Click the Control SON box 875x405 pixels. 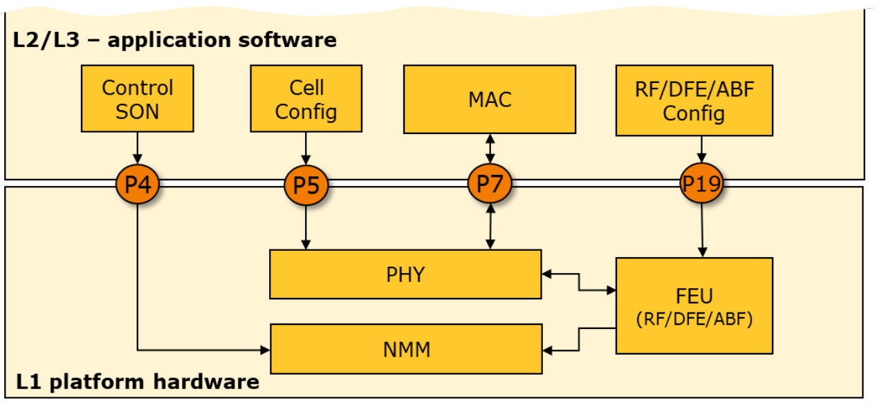(x=137, y=99)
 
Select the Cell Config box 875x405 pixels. (x=306, y=99)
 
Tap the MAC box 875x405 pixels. (x=489, y=99)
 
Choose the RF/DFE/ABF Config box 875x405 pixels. (x=694, y=101)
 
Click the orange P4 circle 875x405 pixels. (x=137, y=185)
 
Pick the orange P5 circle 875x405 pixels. (x=306, y=185)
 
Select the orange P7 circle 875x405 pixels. (x=490, y=184)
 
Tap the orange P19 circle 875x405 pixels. (x=701, y=183)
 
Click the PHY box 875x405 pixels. (x=405, y=274)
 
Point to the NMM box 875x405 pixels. (x=405, y=349)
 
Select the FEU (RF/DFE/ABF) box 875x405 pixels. (x=694, y=305)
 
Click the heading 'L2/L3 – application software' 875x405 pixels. (x=174, y=39)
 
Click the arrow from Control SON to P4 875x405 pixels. (x=137, y=147)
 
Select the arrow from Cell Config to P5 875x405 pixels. (x=306, y=147)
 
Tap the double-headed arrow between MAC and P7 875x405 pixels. (x=490, y=149)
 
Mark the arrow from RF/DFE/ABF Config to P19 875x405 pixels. (x=701, y=149)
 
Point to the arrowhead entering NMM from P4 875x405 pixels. (x=265, y=350)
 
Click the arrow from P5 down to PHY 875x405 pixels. (x=306, y=228)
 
